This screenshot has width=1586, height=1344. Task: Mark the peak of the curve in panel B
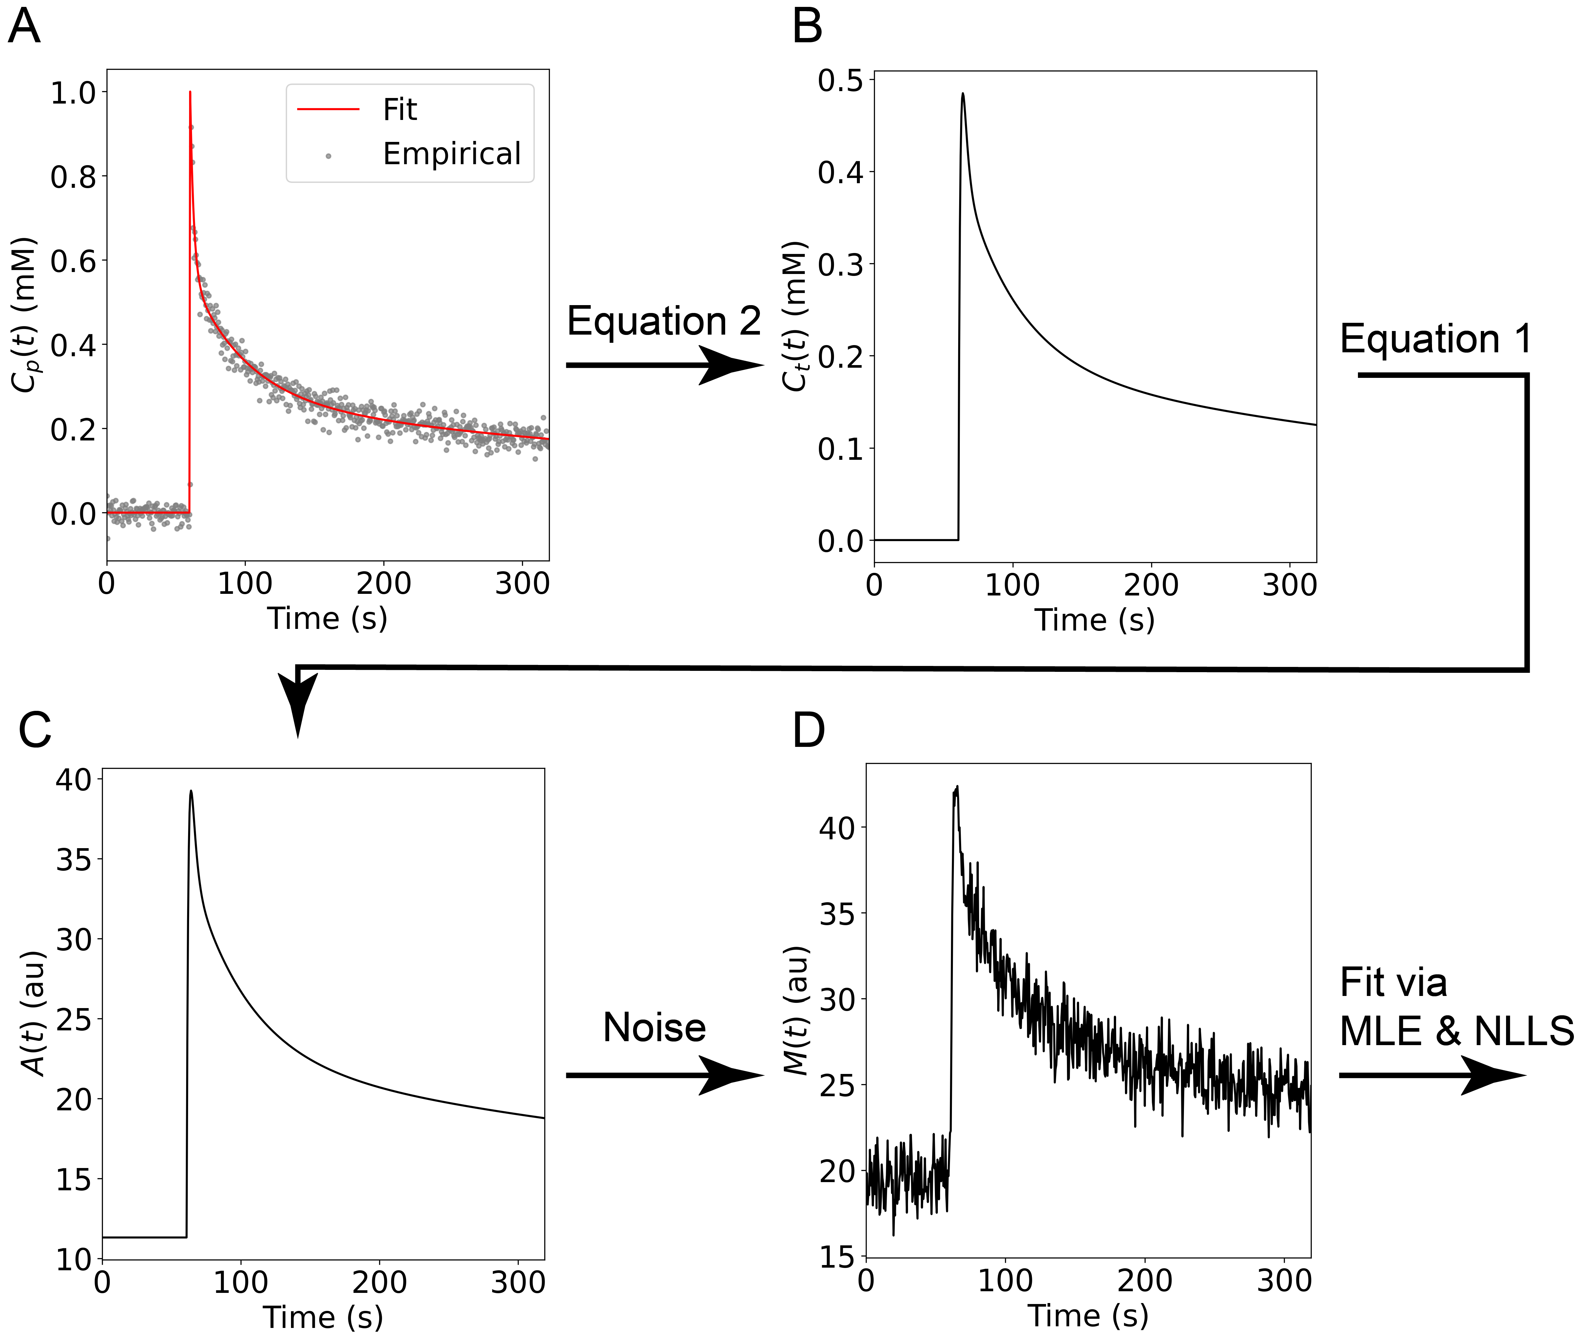963,93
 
